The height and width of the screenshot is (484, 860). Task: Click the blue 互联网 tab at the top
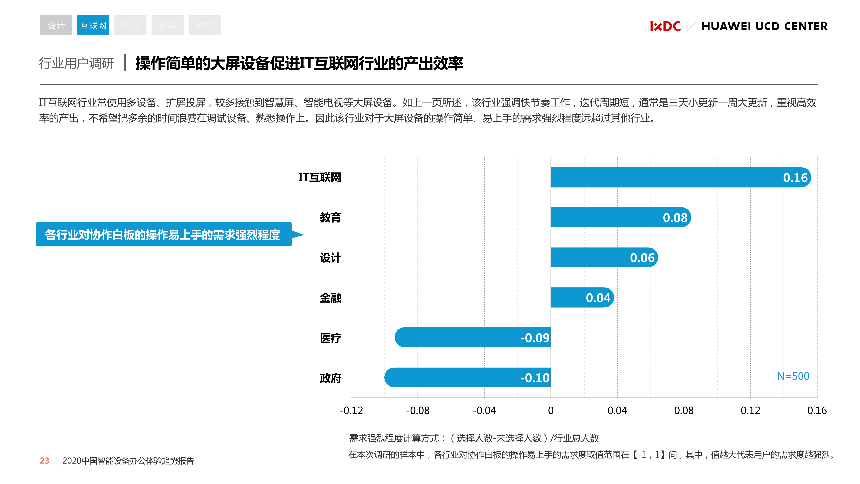[93, 25]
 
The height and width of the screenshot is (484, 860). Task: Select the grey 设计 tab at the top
[56, 25]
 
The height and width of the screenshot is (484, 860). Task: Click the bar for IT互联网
[668, 177]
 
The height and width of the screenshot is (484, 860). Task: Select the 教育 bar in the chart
[608, 217]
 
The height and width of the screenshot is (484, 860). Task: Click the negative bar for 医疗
[467, 338]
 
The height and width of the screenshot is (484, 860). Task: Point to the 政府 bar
[461, 378]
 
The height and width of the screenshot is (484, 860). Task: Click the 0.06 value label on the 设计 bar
[642, 258]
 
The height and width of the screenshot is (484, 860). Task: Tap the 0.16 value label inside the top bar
[795, 178]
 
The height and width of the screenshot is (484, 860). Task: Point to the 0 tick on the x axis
[551, 411]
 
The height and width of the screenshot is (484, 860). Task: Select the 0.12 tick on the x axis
[750, 411]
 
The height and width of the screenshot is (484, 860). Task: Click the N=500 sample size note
[793, 376]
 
